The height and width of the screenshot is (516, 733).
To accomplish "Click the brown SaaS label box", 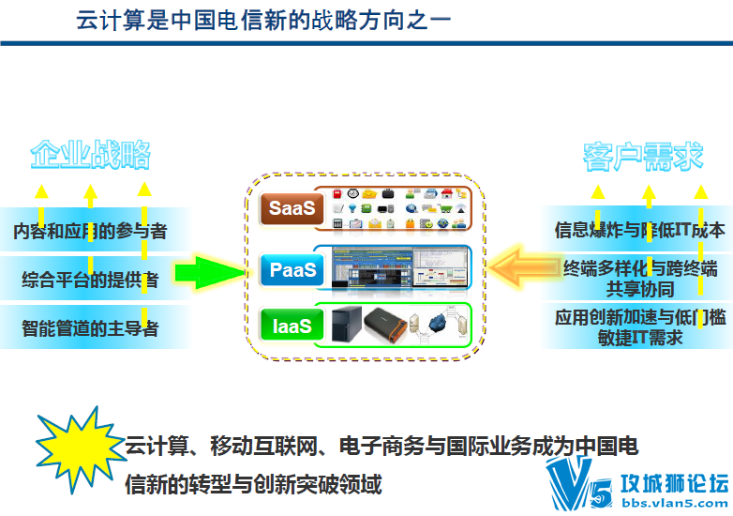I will (291, 208).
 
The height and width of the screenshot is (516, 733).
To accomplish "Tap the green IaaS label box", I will (291, 326).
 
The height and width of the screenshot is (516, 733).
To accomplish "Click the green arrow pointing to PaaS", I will (211, 272).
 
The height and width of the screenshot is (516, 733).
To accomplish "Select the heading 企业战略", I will (91, 156).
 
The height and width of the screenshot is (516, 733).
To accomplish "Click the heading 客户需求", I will (643, 156).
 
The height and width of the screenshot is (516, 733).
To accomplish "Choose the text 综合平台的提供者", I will (90, 279).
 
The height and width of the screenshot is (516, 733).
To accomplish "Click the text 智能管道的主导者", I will (90, 328).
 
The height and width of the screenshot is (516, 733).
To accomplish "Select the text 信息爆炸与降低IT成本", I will (639, 230).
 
